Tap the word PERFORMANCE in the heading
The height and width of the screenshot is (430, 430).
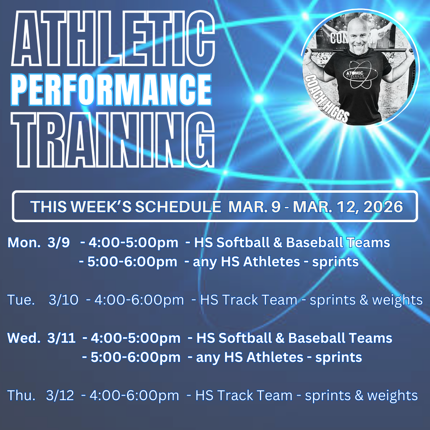pos(111,89)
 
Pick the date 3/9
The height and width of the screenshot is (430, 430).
pos(59,243)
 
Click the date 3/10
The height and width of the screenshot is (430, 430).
pos(63,300)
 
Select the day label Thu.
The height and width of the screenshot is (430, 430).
pos(21,396)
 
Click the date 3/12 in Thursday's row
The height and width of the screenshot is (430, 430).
pos(60,396)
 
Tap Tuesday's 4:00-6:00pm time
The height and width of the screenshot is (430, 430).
pos(139,300)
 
